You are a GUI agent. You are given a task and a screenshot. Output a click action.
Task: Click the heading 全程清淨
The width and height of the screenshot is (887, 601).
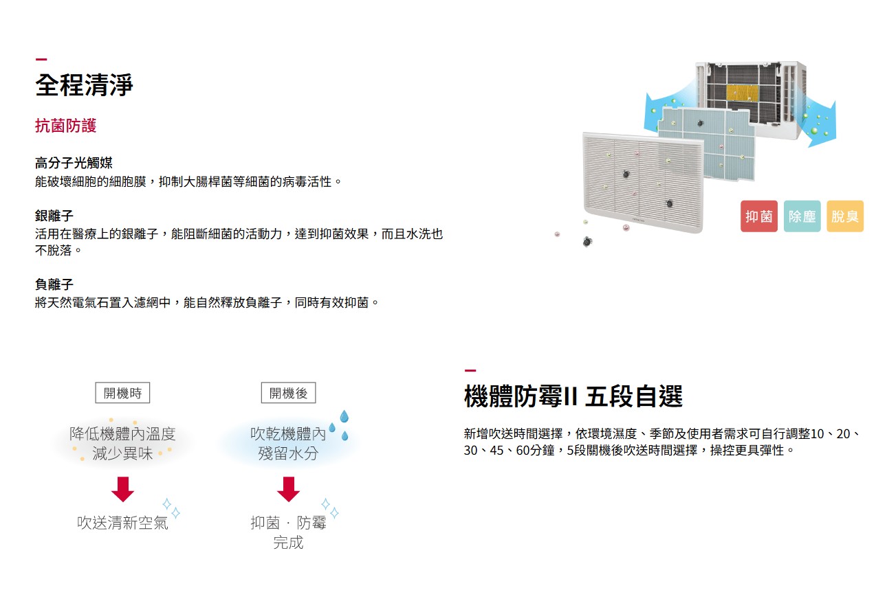pyautogui.click(x=84, y=85)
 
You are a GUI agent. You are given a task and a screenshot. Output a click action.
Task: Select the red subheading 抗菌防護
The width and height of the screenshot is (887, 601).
pyautogui.click(x=66, y=126)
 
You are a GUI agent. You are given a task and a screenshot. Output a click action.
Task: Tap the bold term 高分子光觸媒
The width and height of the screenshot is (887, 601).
pyautogui.click(x=74, y=163)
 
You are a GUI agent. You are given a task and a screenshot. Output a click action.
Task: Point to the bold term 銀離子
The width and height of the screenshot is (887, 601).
pyautogui.click(x=54, y=216)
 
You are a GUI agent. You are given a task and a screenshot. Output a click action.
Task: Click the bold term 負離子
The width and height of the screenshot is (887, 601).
pyautogui.click(x=54, y=284)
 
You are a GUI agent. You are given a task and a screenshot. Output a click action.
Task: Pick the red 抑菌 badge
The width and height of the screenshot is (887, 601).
pyautogui.click(x=758, y=216)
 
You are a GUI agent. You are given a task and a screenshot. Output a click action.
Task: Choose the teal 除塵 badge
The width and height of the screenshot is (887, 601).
pyautogui.click(x=802, y=216)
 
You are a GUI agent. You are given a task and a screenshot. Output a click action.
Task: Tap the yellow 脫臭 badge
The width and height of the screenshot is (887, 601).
pyautogui.click(x=844, y=216)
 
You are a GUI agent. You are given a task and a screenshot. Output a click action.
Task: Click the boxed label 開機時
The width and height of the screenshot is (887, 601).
pyautogui.click(x=122, y=393)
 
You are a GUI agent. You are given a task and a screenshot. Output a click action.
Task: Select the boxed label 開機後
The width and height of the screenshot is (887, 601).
pyautogui.click(x=288, y=393)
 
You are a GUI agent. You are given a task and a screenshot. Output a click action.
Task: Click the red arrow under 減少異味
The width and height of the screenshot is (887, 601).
pyautogui.click(x=122, y=488)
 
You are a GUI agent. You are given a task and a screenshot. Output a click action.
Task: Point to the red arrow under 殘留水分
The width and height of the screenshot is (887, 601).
pyautogui.click(x=288, y=488)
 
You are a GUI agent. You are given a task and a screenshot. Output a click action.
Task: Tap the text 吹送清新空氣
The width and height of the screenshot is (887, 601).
pyautogui.click(x=122, y=523)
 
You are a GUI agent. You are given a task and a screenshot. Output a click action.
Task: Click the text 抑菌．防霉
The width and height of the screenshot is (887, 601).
pyautogui.click(x=288, y=523)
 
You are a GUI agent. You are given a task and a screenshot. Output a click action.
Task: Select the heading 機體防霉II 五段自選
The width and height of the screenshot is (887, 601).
pyautogui.click(x=573, y=397)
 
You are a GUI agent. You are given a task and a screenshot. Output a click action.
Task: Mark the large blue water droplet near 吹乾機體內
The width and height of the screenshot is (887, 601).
pyautogui.click(x=344, y=416)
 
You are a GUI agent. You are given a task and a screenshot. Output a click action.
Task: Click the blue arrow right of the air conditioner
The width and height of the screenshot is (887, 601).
pyautogui.click(x=820, y=124)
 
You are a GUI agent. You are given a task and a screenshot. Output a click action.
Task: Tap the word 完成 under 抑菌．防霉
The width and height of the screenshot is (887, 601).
pyautogui.click(x=288, y=543)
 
